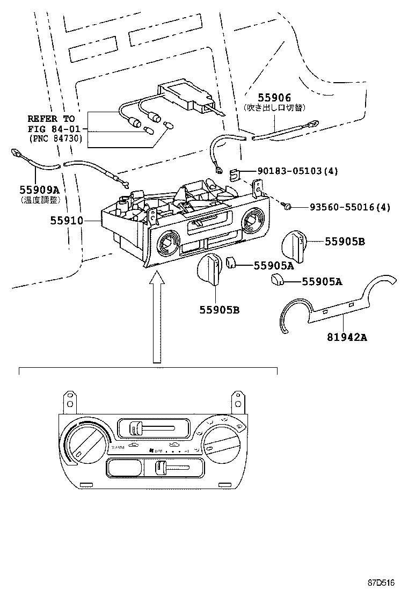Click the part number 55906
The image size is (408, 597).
tap(274, 97)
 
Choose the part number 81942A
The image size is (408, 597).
tap(347, 337)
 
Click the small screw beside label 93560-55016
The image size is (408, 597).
tap(288, 207)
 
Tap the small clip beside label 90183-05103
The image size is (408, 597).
tap(235, 173)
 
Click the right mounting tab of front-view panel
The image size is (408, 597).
tap(237, 402)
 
